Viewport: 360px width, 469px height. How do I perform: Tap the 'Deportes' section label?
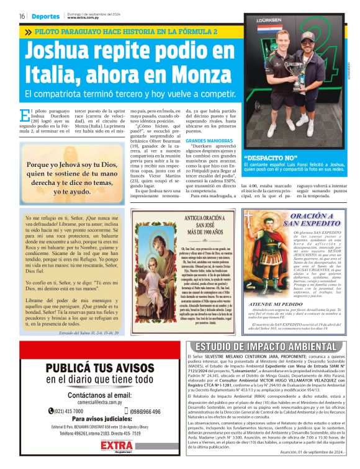(x=46, y=16)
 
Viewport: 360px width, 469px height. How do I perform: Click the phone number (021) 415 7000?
(x=68, y=411)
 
